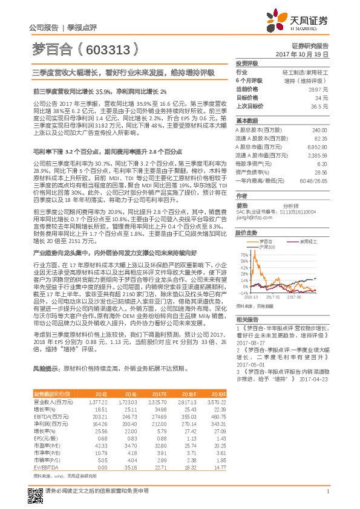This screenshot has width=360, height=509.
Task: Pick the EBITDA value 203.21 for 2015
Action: pos(116,417)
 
